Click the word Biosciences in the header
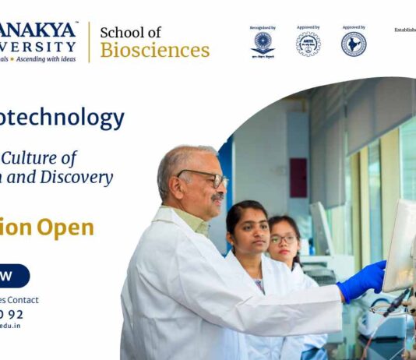pyautogui.click(x=155, y=51)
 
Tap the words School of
pyautogui.click(x=131, y=32)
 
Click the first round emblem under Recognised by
pyautogui.click(x=263, y=44)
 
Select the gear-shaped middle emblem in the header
pyautogui.click(x=308, y=44)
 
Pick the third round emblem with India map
pyautogui.click(x=354, y=44)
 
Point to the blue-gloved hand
pyautogui.click(x=363, y=280)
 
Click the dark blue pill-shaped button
pyautogui.click(x=14, y=276)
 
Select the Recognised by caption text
pyautogui.click(x=263, y=28)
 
